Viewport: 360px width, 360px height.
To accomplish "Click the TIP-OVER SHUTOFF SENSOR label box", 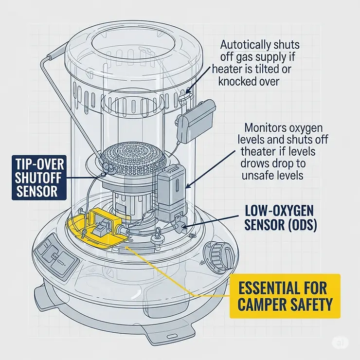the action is point(39,178).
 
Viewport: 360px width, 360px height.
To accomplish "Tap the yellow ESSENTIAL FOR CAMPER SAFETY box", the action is point(285,296).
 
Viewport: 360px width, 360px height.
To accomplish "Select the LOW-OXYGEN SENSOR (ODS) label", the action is point(281,217).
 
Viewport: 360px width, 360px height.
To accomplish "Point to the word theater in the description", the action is point(258,151).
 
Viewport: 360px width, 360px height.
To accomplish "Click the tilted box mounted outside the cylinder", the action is point(196,121).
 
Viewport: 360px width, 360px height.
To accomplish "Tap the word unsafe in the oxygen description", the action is point(256,176).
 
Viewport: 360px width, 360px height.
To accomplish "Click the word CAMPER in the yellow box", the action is point(258,304).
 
